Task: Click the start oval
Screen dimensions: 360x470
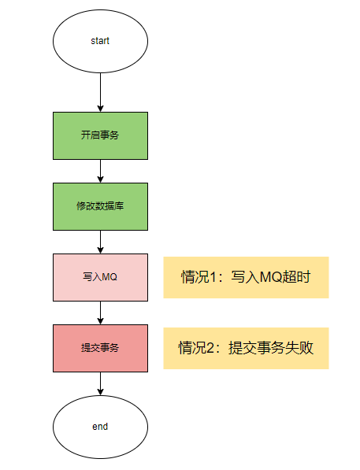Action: [x=100, y=41]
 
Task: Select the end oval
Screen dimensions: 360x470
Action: [x=100, y=427]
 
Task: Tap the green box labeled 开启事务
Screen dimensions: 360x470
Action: [x=100, y=135]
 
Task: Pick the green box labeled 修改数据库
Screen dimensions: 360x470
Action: [x=100, y=206]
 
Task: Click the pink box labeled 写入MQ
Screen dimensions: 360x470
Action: [x=100, y=277]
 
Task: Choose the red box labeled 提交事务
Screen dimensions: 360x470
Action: [x=100, y=348]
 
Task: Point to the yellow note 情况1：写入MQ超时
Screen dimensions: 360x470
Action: [x=246, y=277]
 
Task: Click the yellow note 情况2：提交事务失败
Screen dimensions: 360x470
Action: [x=246, y=348]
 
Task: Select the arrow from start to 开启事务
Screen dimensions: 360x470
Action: [x=100, y=92]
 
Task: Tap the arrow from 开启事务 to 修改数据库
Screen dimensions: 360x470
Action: [x=100, y=171]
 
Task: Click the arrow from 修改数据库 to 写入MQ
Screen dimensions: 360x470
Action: [x=100, y=242]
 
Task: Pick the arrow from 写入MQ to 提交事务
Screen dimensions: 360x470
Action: [x=100, y=313]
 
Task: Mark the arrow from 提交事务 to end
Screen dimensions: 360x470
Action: [x=100, y=383]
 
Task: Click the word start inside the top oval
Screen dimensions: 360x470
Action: [x=100, y=41]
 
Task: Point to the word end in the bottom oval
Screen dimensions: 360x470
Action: [x=100, y=427]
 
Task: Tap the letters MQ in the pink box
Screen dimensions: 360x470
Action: [x=109, y=276]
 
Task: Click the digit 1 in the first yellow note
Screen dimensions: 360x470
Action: [x=213, y=277]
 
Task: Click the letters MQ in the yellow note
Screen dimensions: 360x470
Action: [x=271, y=277]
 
